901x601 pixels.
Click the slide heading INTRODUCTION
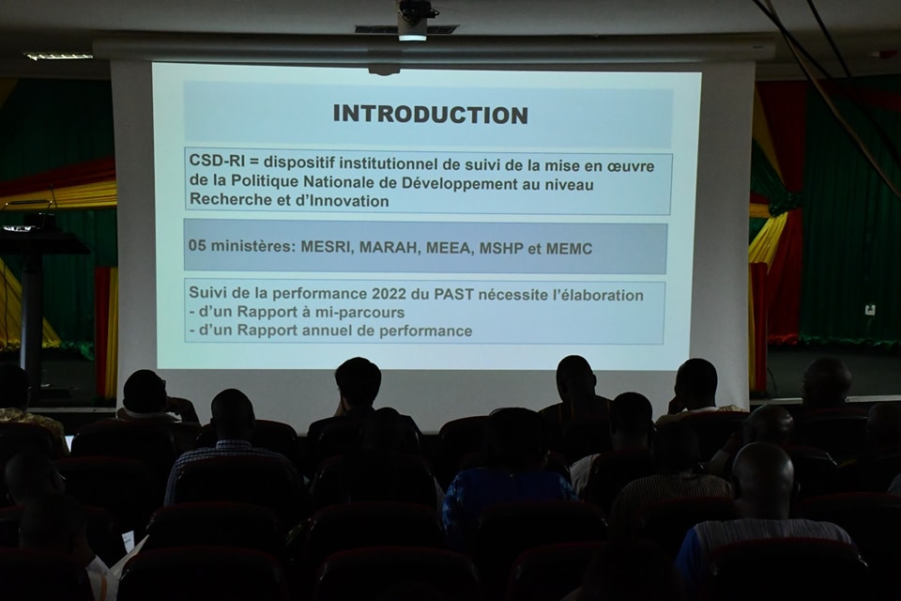point(431,114)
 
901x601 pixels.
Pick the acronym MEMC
point(569,249)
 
